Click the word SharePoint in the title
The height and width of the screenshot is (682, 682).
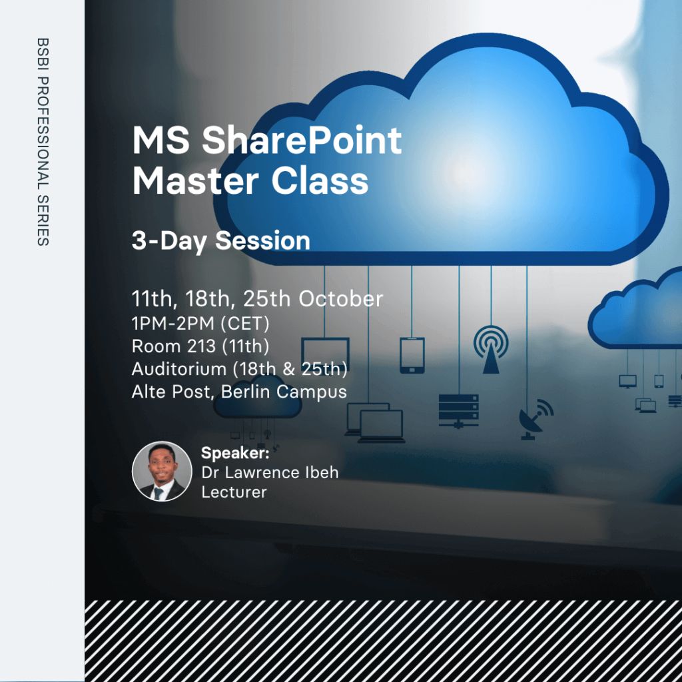pos(302,141)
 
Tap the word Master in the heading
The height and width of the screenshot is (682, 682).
pos(195,180)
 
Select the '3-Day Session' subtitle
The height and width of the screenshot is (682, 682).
pos(220,241)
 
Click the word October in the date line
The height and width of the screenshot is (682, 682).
pos(340,299)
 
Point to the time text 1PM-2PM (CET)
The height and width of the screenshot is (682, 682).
pos(200,324)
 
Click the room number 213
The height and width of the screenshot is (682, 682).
pos(201,346)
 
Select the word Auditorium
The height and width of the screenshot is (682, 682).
pos(178,369)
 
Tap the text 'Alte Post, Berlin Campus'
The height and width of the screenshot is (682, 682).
pos(239,392)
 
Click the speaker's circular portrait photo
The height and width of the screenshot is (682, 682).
pos(162,472)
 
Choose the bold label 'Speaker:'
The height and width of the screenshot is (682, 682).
pos(235,453)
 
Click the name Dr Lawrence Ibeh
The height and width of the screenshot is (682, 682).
pos(270,473)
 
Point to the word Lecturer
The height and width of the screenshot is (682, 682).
pos(234,492)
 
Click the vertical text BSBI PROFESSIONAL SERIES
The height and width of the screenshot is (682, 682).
pos(43,142)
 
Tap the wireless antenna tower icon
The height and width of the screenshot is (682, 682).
pos(491,350)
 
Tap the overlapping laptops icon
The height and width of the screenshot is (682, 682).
pos(375,423)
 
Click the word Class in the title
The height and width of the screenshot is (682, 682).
pos(320,180)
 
